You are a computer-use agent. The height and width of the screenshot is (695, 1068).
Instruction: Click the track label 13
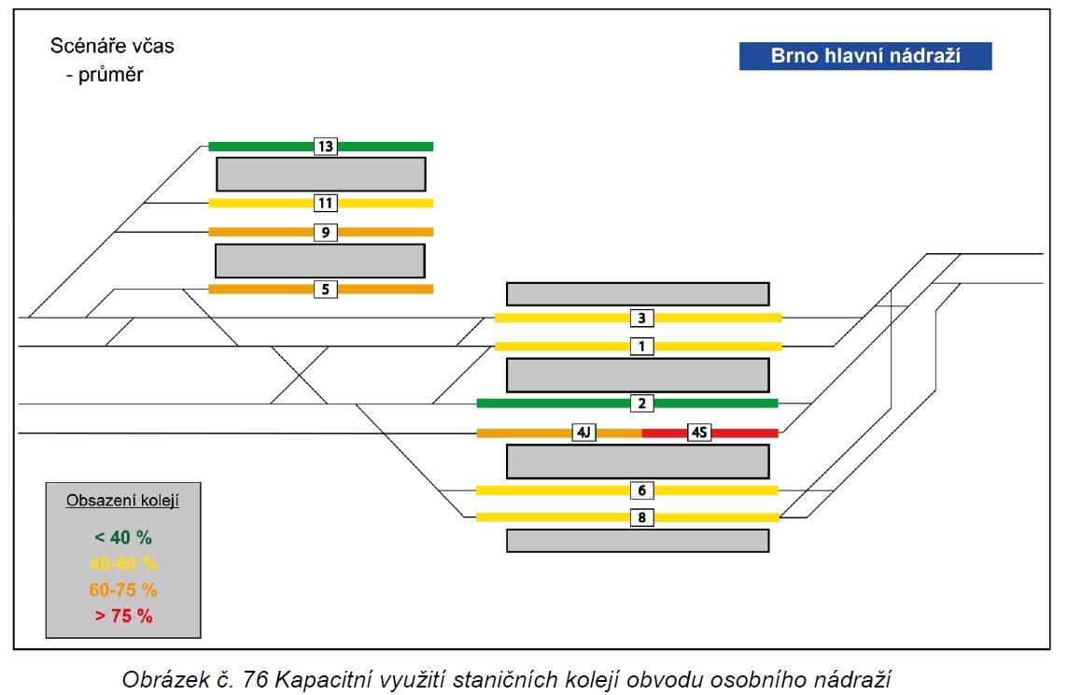coord(326,146)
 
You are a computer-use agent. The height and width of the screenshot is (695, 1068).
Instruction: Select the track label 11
coord(326,203)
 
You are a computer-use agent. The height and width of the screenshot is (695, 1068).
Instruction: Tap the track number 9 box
coord(326,233)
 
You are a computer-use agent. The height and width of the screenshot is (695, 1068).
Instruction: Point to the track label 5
coord(326,290)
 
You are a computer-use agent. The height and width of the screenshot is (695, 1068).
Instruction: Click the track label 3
coord(641,319)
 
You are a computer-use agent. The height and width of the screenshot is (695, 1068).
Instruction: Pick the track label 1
coord(641,347)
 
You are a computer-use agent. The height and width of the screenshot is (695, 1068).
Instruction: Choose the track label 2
coord(641,404)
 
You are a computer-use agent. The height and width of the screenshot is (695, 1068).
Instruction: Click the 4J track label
coord(583,433)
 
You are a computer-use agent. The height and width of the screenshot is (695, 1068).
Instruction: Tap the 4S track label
coord(699,433)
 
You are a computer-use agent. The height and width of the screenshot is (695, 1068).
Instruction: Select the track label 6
coord(641,490)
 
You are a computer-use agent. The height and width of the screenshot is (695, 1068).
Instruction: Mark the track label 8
coord(641,518)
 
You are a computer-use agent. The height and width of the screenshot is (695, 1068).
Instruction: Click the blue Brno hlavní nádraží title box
coord(865,56)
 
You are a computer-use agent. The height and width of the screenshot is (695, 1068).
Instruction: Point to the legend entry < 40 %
coord(123,538)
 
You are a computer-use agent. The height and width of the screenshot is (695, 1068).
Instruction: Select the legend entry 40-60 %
coord(123,563)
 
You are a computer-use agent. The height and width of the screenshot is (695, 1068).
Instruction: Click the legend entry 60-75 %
coord(123,589)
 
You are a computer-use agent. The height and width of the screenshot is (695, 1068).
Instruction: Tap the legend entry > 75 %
coord(123,616)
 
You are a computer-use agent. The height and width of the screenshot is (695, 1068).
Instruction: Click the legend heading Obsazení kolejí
coord(122,501)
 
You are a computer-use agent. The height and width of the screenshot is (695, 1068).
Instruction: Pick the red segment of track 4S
coord(744,433)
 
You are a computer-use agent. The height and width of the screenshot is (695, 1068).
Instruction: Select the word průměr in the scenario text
coord(110,75)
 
